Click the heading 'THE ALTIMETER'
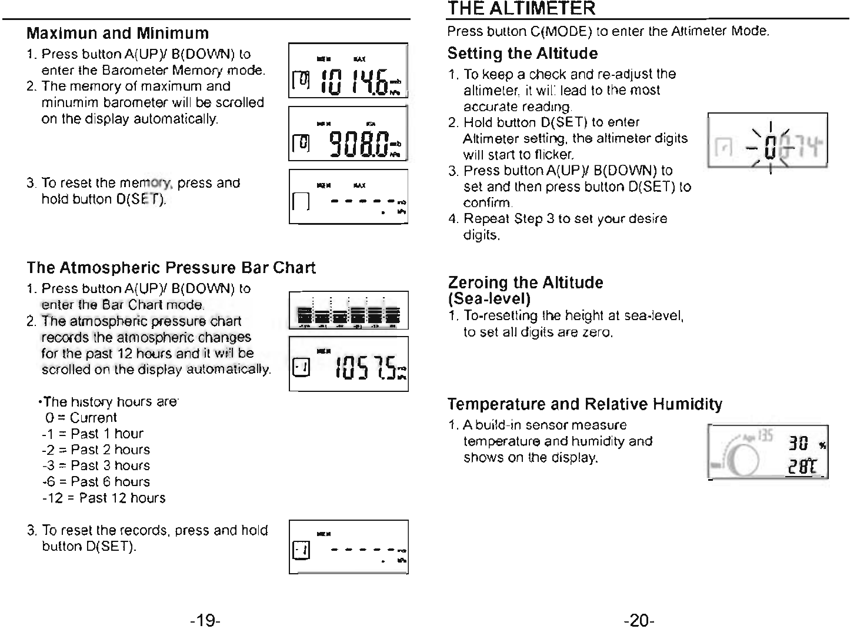(x=521, y=8)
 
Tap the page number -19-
(x=205, y=620)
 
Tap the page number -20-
(x=640, y=620)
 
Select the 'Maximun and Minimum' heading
(x=118, y=33)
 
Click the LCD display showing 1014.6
(x=348, y=71)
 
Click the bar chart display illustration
(x=348, y=310)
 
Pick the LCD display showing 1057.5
(x=348, y=364)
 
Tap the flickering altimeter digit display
(x=768, y=141)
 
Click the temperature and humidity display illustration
(x=768, y=452)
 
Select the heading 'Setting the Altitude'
(x=522, y=54)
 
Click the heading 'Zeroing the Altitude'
(x=525, y=282)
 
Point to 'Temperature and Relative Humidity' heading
(x=584, y=404)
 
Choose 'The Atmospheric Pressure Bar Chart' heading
(x=171, y=268)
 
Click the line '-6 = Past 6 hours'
(x=96, y=481)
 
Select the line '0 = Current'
(x=81, y=418)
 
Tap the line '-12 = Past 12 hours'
(x=104, y=498)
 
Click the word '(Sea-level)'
(x=489, y=298)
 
